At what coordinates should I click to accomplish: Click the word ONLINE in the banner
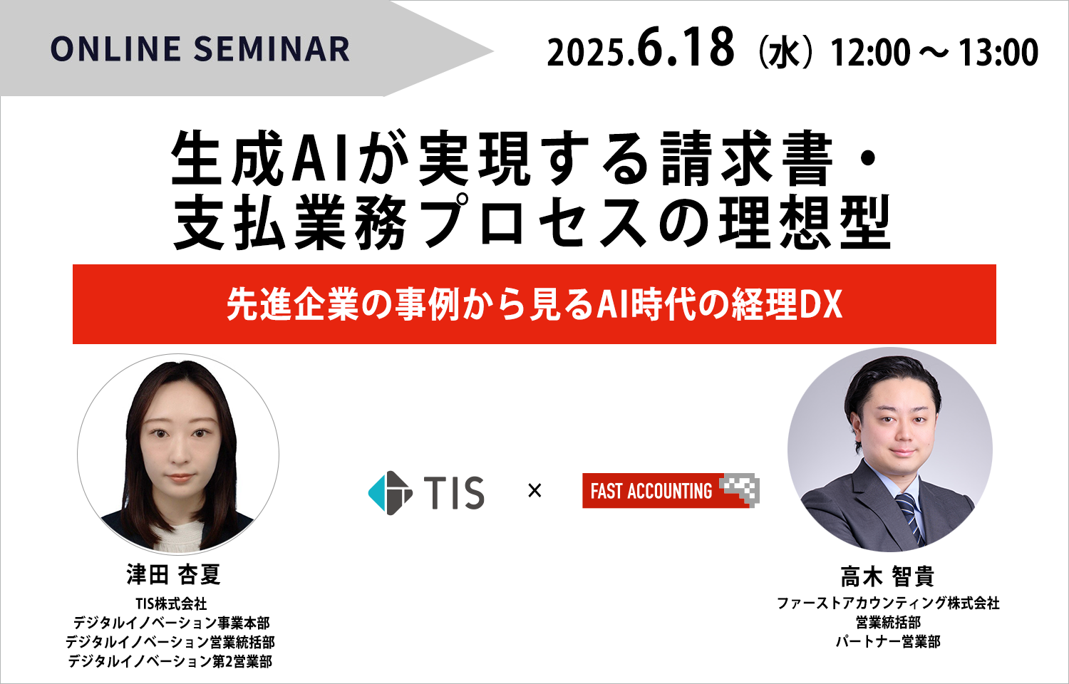coord(115,49)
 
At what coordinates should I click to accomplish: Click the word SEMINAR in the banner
coord(272,49)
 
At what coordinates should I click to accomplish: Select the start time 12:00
coord(870,53)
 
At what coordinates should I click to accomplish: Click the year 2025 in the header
coord(587,53)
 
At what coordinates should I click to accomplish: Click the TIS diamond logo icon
coord(390,493)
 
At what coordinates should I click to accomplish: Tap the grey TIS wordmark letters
coord(454,493)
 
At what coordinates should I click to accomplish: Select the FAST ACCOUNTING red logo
coord(671,490)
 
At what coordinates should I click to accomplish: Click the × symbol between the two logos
coord(534,490)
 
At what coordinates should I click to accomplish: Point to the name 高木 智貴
coord(887,576)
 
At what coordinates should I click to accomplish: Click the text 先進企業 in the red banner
coord(292,305)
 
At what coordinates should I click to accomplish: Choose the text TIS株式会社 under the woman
coord(171,604)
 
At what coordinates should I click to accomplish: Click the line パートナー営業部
coord(888,641)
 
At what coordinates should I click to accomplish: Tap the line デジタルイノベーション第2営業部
coord(170,662)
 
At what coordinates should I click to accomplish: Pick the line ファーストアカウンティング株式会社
coord(888,603)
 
